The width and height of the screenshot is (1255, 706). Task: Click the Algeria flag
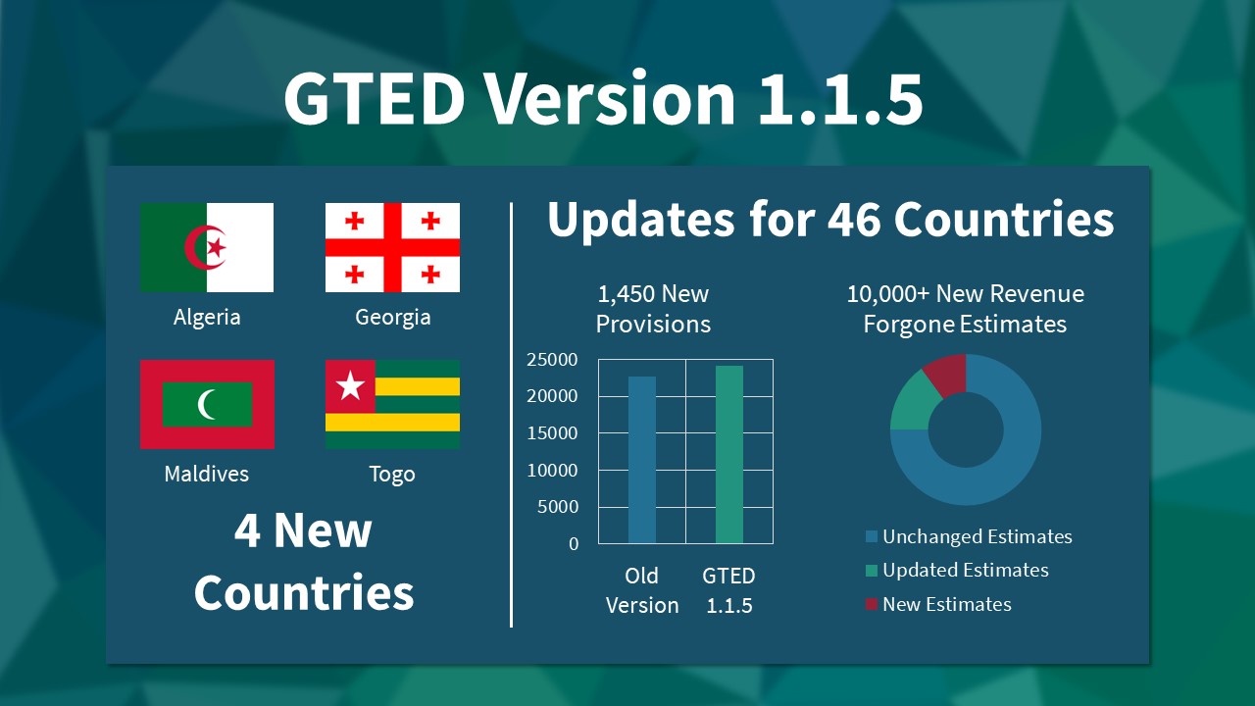tap(207, 247)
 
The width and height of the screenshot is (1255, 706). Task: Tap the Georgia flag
tap(392, 247)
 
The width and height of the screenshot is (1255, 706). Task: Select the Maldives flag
tap(207, 404)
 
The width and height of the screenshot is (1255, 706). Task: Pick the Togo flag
tap(392, 404)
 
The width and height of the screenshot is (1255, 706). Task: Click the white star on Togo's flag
tap(350, 385)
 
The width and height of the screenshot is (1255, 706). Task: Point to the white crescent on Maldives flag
tap(205, 404)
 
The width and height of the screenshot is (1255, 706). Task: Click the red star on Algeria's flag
tap(217, 247)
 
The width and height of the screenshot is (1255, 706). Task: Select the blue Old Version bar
tap(642, 460)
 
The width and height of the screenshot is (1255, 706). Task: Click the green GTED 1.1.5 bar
tap(729, 454)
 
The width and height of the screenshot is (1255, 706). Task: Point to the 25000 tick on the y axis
tap(552, 360)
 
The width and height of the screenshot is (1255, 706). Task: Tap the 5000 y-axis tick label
tap(558, 507)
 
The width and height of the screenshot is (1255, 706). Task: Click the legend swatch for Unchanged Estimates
tap(872, 536)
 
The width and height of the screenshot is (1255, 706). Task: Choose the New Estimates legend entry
tap(938, 604)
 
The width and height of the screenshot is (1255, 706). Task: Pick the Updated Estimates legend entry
tap(957, 571)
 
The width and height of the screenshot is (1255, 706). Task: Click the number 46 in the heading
tap(855, 219)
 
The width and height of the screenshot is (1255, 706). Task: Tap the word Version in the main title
tap(609, 99)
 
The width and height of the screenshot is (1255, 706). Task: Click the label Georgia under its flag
tap(393, 318)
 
